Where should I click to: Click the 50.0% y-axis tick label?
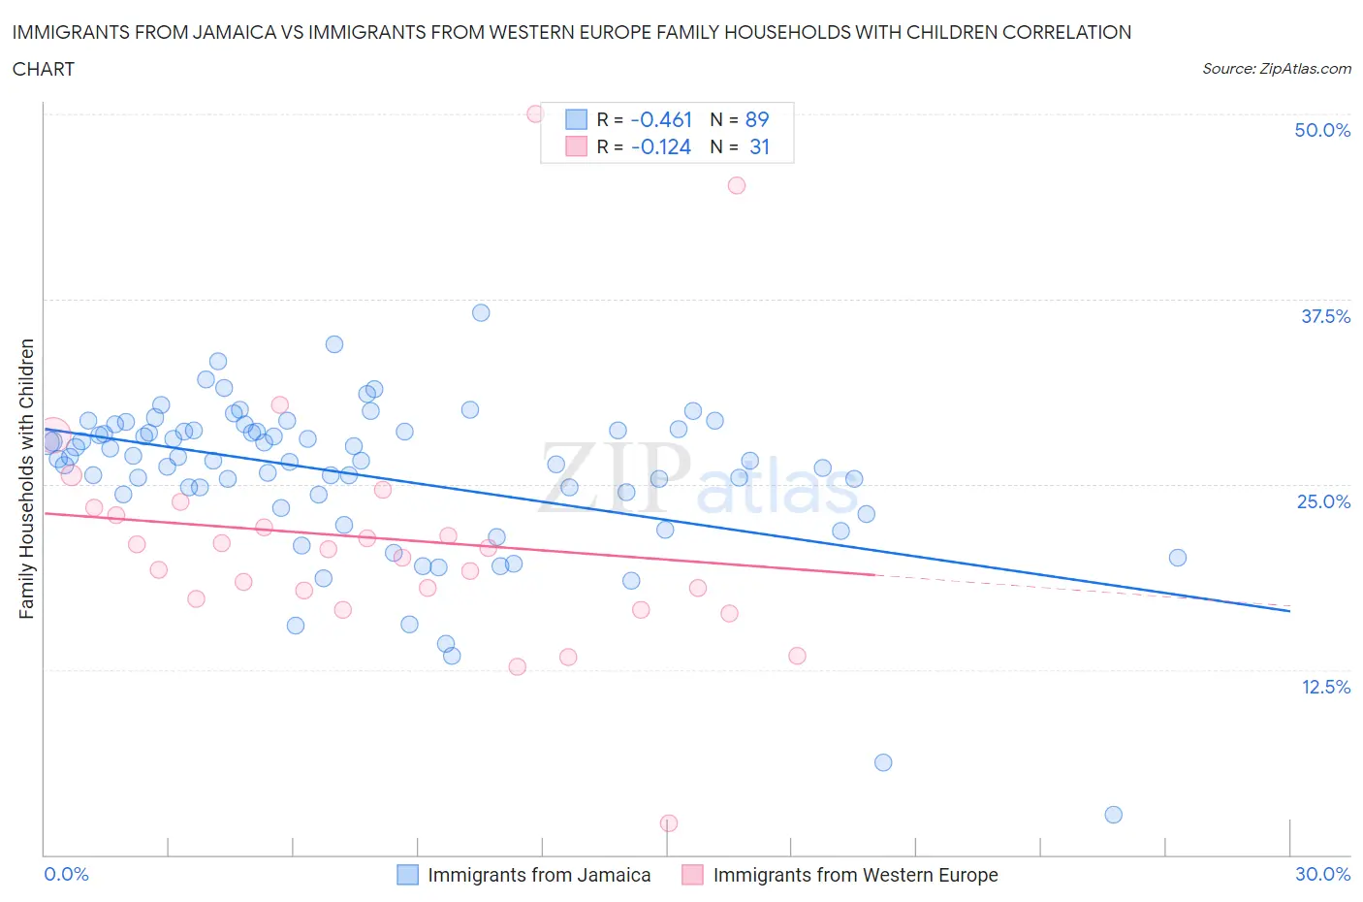1322,131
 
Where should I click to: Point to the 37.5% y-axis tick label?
1324,316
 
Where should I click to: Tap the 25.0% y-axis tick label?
1323,501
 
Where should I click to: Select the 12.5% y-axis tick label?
1324,687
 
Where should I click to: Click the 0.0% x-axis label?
67,874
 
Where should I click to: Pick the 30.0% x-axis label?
1322,874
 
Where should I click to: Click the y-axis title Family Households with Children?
27,478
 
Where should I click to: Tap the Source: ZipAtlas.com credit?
1276,69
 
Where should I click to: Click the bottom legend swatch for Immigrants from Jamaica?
408,875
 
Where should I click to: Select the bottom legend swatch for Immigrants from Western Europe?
692,875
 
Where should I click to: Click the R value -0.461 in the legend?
661,119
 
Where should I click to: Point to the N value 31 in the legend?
759,146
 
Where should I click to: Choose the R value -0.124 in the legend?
661,146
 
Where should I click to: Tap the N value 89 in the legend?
757,119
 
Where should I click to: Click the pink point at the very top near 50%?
535,113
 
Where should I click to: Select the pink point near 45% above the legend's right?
737,185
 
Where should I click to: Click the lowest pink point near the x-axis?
669,823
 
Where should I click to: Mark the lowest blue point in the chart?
1114,815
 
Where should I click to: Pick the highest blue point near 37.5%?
481,312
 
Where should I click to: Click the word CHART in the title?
44,69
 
